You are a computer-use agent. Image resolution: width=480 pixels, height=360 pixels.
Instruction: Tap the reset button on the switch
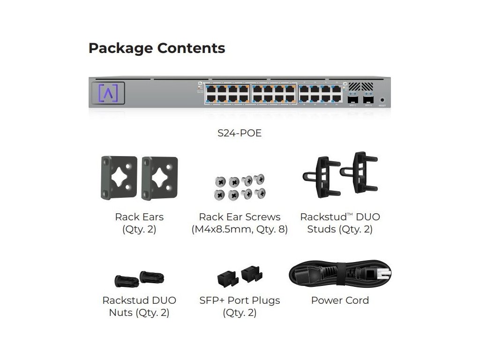[x=382, y=99]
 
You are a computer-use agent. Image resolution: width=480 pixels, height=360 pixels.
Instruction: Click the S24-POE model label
[x=240, y=133]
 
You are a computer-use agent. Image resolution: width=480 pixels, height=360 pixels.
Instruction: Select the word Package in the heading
[x=120, y=48]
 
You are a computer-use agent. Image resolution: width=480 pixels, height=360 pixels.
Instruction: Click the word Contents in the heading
[x=191, y=48]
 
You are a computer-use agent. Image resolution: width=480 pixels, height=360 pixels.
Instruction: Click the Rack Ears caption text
[x=139, y=217]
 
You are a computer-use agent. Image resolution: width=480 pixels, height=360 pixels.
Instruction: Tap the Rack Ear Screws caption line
[x=240, y=217]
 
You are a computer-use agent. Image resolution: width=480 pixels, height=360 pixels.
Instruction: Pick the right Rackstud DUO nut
[x=152, y=277]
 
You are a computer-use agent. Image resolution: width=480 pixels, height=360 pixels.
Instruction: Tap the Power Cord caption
[x=340, y=300]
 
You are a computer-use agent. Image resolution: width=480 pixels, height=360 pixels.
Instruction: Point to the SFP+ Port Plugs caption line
[x=240, y=300]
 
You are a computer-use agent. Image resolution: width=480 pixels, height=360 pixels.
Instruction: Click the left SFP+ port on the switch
[x=352, y=99]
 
